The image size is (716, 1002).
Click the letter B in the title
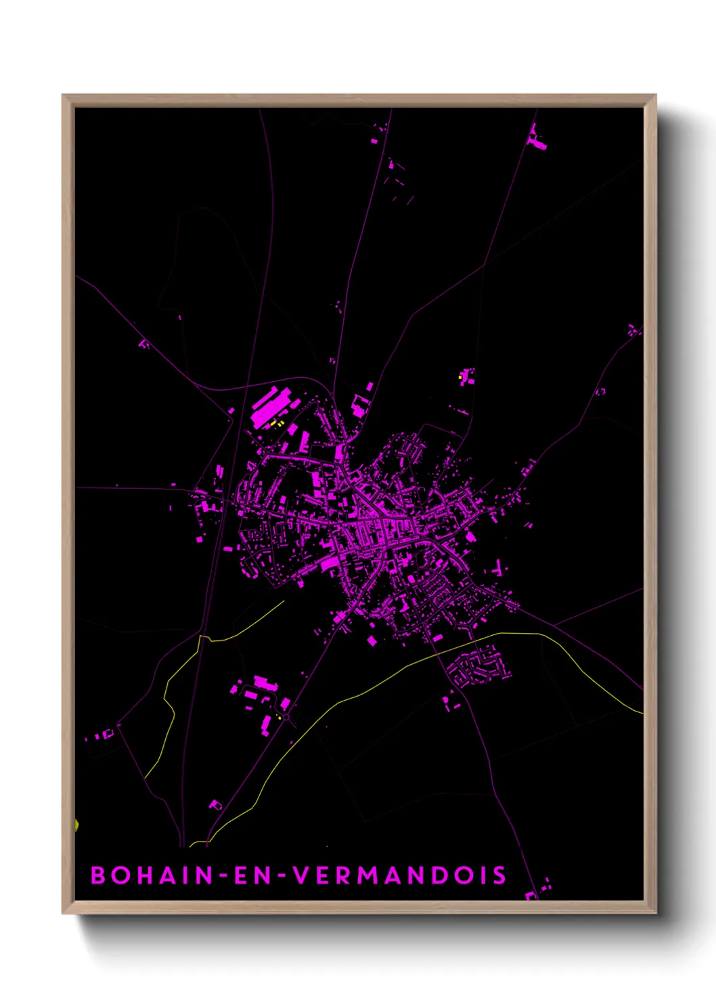pyautogui.click(x=99, y=875)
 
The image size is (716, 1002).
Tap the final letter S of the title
pyautogui.click(x=499, y=875)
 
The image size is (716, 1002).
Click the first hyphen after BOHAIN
pyautogui.click(x=221, y=876)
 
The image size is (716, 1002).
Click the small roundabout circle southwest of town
pyautogui.click(x=286, y=716)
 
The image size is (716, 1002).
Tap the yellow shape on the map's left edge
pyautogui.click(x=76, y=825)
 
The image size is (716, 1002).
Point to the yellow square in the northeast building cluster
pyautogui.click(x=460, y=377)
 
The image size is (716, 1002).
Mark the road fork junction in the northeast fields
pyautogui.click(x=485, y=265)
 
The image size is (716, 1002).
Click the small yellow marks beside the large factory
pyautogui.click(x=275, y=423)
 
